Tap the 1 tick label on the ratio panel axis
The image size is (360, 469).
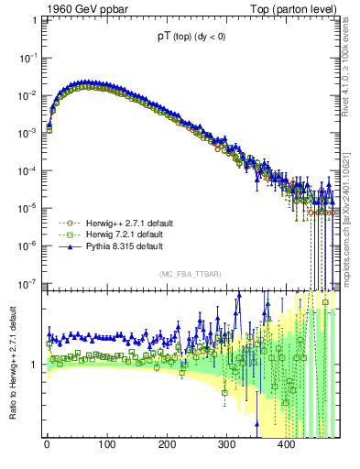tap(33, 365)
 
